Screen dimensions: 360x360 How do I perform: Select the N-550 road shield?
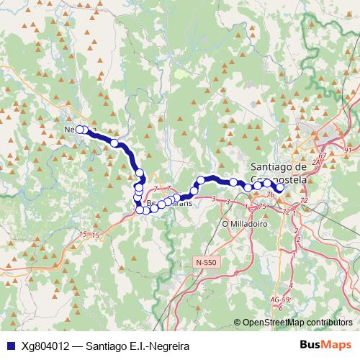click(x=206, y=264)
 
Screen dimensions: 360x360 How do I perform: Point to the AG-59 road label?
click(x=281, y=299)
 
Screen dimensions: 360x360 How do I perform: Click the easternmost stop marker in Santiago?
click(x=280, y=189)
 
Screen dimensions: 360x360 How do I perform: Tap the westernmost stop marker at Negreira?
click(x=79, y=130)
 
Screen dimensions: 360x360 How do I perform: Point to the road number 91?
click(x=349, y=149)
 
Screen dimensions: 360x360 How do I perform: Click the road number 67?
click(x=322, y=156)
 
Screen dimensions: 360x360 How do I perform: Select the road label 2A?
click(x=315, y=164)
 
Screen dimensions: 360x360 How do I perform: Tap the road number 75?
click(x=263, y=206)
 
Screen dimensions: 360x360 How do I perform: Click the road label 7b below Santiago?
click(x=270, y=194)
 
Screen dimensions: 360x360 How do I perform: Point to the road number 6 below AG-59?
click(x=280, y=307)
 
